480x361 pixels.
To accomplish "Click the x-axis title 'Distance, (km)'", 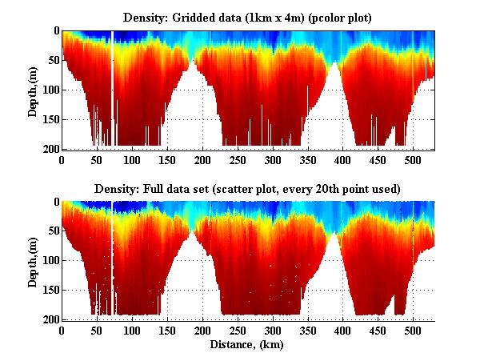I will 247,345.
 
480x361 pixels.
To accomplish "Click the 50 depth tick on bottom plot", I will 52,231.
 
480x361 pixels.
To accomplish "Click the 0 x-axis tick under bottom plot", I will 62,331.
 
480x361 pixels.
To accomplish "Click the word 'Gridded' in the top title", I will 191,17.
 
